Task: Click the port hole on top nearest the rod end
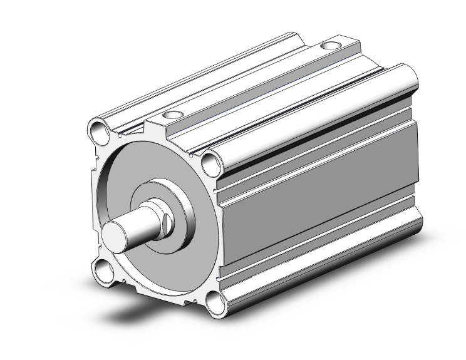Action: (171, 115)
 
